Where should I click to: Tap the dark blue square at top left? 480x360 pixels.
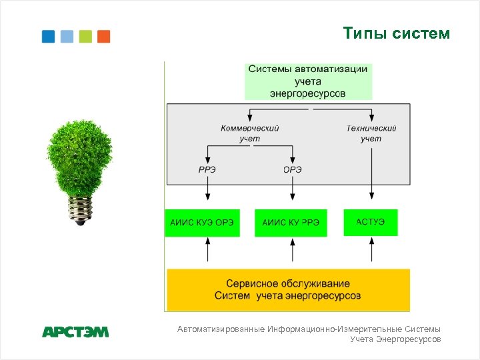pos(48,36)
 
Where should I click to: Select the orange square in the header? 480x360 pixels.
pos(103,36)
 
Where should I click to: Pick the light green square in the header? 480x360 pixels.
pos(85,36)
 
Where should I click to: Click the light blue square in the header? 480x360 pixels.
pos(67,36)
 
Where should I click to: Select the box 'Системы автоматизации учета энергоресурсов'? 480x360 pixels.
pos(307,81)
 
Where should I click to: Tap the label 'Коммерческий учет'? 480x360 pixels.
pos(250,133)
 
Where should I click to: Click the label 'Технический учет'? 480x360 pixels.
pos(371,133)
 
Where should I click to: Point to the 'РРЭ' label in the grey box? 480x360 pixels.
pos(207,169)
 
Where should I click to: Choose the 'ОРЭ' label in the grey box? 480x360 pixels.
pos(292,169)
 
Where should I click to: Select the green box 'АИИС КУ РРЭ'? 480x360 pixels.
pos(291,223)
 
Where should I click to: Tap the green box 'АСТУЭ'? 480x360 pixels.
pos(371,222)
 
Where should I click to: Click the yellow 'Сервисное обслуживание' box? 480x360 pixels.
pos(287,289)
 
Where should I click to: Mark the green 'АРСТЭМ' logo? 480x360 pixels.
pos(75,331)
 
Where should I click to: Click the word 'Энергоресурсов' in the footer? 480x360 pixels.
pos(409,339)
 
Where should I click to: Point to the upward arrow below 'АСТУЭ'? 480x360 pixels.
pos(371,251)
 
